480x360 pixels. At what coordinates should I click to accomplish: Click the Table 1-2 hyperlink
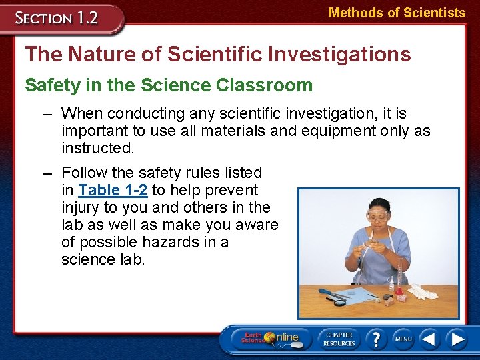pos(112,190)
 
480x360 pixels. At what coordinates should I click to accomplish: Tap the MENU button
pos(403,339)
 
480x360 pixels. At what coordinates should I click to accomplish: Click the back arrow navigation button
pos(430,339)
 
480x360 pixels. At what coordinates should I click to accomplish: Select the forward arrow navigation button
pos(457,339)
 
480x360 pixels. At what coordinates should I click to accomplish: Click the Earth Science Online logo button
pos(271,339)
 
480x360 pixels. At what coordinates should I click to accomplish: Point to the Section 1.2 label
pos(58,17)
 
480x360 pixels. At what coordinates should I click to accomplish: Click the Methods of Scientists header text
pos(397,13)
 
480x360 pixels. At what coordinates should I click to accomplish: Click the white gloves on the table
pos(421,292)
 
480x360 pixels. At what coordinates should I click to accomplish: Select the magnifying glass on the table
pos(337,301)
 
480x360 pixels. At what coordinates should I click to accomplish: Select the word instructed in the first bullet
pos(97,147)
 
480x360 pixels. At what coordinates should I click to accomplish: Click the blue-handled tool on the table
pos(331,293)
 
